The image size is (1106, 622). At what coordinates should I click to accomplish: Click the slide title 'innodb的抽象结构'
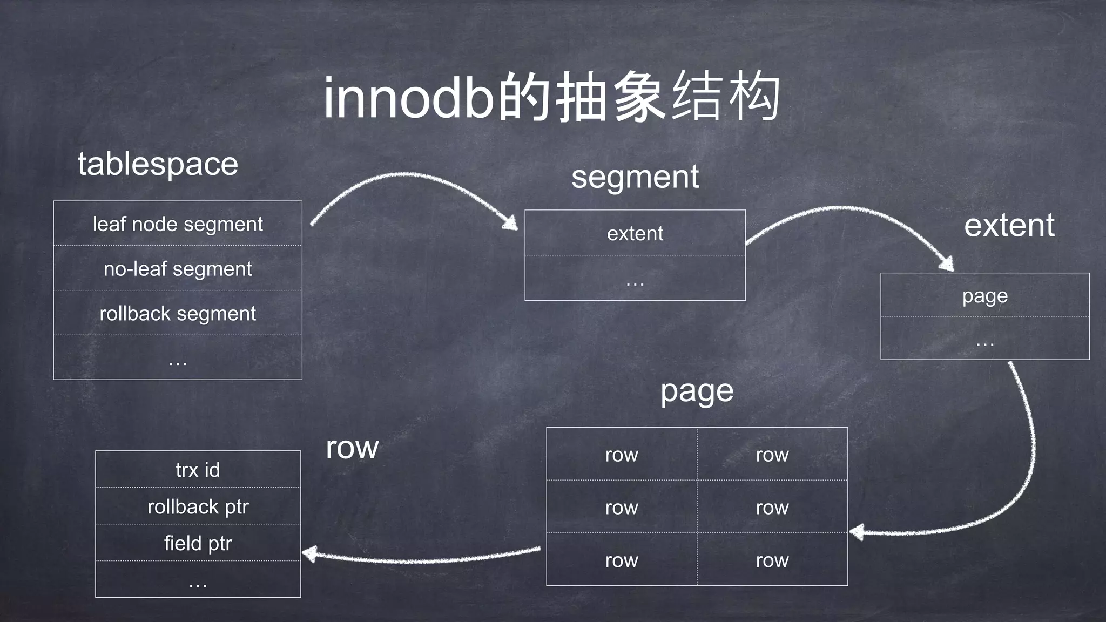(x=552, y=98)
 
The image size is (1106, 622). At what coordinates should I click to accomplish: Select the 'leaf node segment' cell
(x=178, y=224)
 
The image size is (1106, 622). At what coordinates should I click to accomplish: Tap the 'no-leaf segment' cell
(x=178, y=269)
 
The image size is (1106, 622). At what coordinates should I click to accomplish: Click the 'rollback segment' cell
(x=178, y=314)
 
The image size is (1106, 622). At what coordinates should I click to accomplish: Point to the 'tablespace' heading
(x=158, y=164)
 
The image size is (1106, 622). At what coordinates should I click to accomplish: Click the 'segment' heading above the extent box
(x=635, y=177)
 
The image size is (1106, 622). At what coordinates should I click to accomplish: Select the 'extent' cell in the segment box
(x=635, y=234)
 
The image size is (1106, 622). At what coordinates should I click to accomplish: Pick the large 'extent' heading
(x=1009, y=225)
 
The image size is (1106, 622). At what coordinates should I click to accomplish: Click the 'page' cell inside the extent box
(x=984, y=296)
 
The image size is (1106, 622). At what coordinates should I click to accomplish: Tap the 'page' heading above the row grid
(x=697, y=391)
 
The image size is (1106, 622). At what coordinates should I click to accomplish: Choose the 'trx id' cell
(x=198, y=470)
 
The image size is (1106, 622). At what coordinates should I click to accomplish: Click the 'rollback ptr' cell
(x=198, y=506)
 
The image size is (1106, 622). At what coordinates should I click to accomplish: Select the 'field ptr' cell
(x=198, y=543)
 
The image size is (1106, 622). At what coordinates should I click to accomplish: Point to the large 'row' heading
(x=352, y=448)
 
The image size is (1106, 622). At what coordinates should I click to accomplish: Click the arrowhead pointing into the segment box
(x=510, y=223)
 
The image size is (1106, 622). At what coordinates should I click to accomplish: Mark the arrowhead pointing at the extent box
(x=946, y=264)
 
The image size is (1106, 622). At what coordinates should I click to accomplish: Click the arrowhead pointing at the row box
(x=309, y=554)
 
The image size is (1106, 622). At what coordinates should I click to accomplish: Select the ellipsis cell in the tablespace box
(x=178, y=358)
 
